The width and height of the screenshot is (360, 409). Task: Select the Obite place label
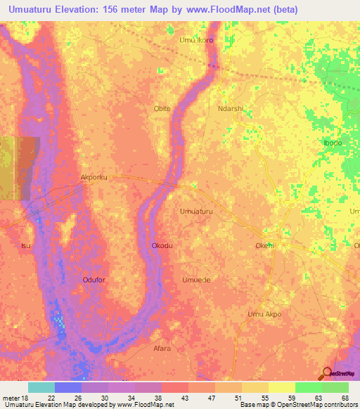162,109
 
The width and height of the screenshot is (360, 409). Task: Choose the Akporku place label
94,178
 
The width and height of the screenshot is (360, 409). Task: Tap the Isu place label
26,246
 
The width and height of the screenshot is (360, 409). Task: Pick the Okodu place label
162,246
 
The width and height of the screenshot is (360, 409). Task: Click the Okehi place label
264,246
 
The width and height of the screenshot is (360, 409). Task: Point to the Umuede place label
196,279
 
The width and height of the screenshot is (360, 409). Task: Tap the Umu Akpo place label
264,313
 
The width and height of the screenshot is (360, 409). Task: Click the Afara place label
162,348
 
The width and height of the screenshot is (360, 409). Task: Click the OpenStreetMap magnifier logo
328,373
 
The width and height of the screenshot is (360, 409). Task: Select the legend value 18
19,398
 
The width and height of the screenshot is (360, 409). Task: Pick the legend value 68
345,398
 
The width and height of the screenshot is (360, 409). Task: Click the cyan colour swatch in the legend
41,387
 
